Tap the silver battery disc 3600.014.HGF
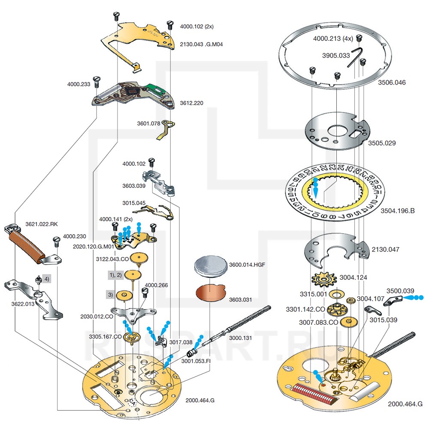coord(211,266)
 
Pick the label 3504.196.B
coord(398,211)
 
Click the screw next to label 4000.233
coord(97,80)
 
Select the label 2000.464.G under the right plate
coord(405,404)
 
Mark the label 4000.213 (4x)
coord(333,38)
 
